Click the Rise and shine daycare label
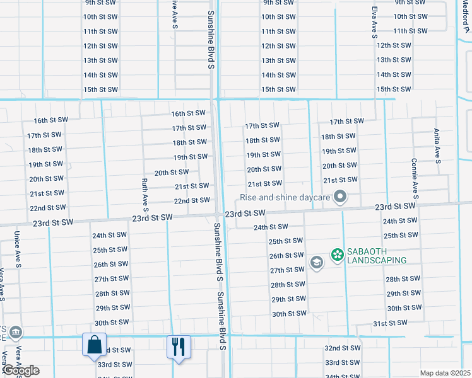pyautogui.click(x=285, y=198)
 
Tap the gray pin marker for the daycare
pyautogui.click(x=340, y=198)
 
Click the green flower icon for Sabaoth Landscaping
pyautogui.click(x=337, y=255)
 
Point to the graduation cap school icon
pyautogui.click(x=317, y=263)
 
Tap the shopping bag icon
pyautogui.click(x=94, y=345)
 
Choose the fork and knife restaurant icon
pyautogui.click(x=179, y=346)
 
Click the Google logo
pyautogui.click(x=20, y=370)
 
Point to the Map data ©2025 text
pyautogui.click(x=445, y=373)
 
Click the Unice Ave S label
pyautogui.click(x=18, y=249)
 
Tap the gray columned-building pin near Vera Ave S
pyautogui.click(x=16, y=333)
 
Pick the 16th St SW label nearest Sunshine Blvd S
pyautogui.click(x=189, y=113)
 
